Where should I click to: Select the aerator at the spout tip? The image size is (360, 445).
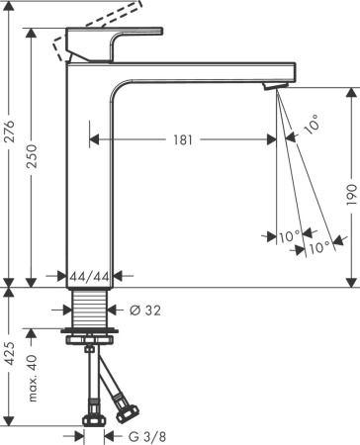click(x=273, y=89)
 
